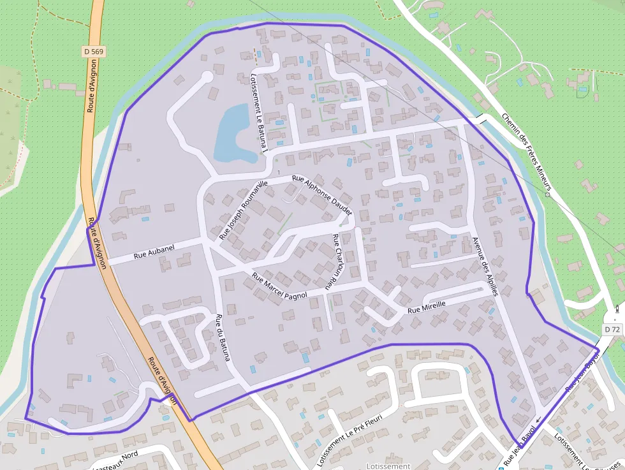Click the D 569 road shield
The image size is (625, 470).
point(93,50)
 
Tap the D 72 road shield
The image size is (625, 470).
point(612,329)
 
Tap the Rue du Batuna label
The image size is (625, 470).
point(222,337)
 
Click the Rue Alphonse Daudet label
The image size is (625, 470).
point(321,195)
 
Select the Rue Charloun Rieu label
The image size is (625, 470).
point(335,262)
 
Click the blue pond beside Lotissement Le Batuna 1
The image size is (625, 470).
point(230,134)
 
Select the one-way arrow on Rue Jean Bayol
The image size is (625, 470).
point(538,420)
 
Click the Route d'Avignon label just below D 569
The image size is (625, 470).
point(92,77)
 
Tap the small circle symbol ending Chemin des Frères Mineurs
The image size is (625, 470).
point(547,195)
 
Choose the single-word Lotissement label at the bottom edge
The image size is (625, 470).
point(388,466)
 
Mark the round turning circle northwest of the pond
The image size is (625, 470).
point(206,77)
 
